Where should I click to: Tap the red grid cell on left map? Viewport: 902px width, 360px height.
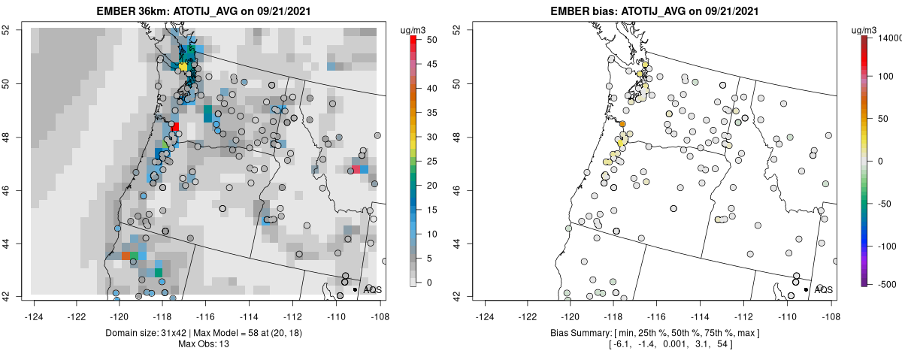click(x=175, y=126)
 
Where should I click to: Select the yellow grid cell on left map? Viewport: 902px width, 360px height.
click(x=183, y=67)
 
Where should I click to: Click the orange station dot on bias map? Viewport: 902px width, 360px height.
click(x=622, y=123)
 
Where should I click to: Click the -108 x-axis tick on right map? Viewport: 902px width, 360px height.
click(x=830, y=307)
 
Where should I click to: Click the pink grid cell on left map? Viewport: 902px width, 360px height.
click(x=356, y=170)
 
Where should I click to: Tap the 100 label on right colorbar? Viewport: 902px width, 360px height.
click(x=884, y=76)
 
